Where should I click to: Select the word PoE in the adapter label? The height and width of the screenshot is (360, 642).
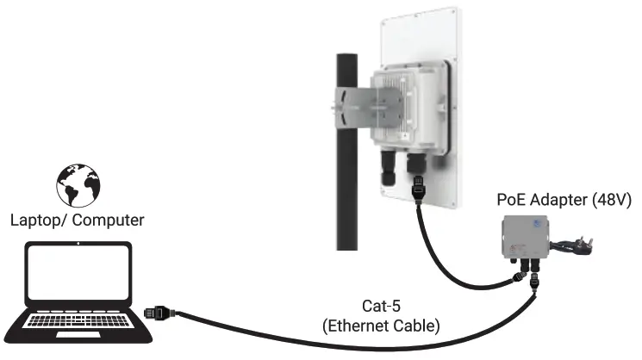pos(511,200)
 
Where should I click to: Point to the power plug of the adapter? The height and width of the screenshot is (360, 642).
pos(609,247)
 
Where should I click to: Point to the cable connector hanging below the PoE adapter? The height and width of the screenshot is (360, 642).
pos(535,283)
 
